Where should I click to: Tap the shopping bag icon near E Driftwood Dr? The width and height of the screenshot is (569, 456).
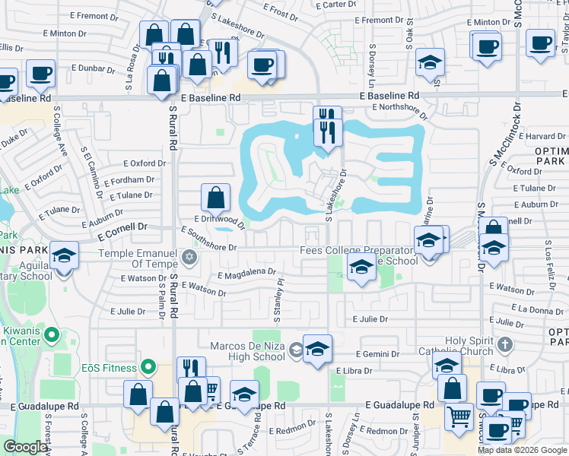click(216, 198)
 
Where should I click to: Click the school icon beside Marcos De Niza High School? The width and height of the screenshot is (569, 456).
click(317, 350)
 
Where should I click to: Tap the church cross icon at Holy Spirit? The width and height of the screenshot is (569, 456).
click(504, 347)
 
